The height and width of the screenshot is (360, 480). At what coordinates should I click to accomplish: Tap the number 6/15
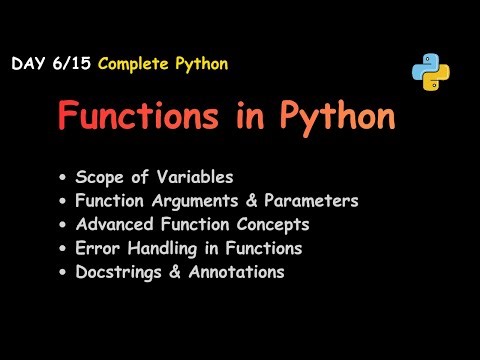click(x=67, y=64)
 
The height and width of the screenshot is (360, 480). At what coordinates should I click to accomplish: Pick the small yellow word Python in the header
click(x=203, y=64)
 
